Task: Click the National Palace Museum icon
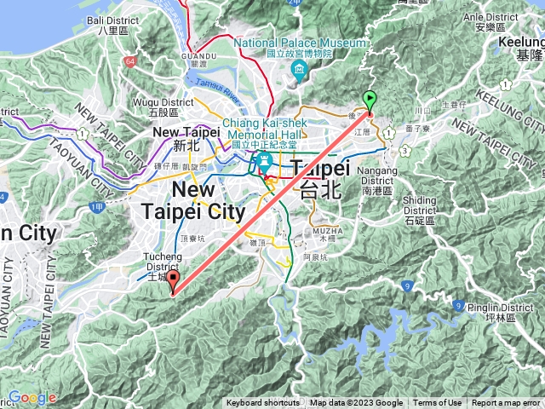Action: (298, 69)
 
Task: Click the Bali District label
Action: (112, 23)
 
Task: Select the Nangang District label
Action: (379, 176)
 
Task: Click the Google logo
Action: (32, 398)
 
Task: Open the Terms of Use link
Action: (438, 403)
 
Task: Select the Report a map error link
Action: (506, 403)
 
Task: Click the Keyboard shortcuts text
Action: (262, 403)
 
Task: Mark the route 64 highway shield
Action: (129, 61)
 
